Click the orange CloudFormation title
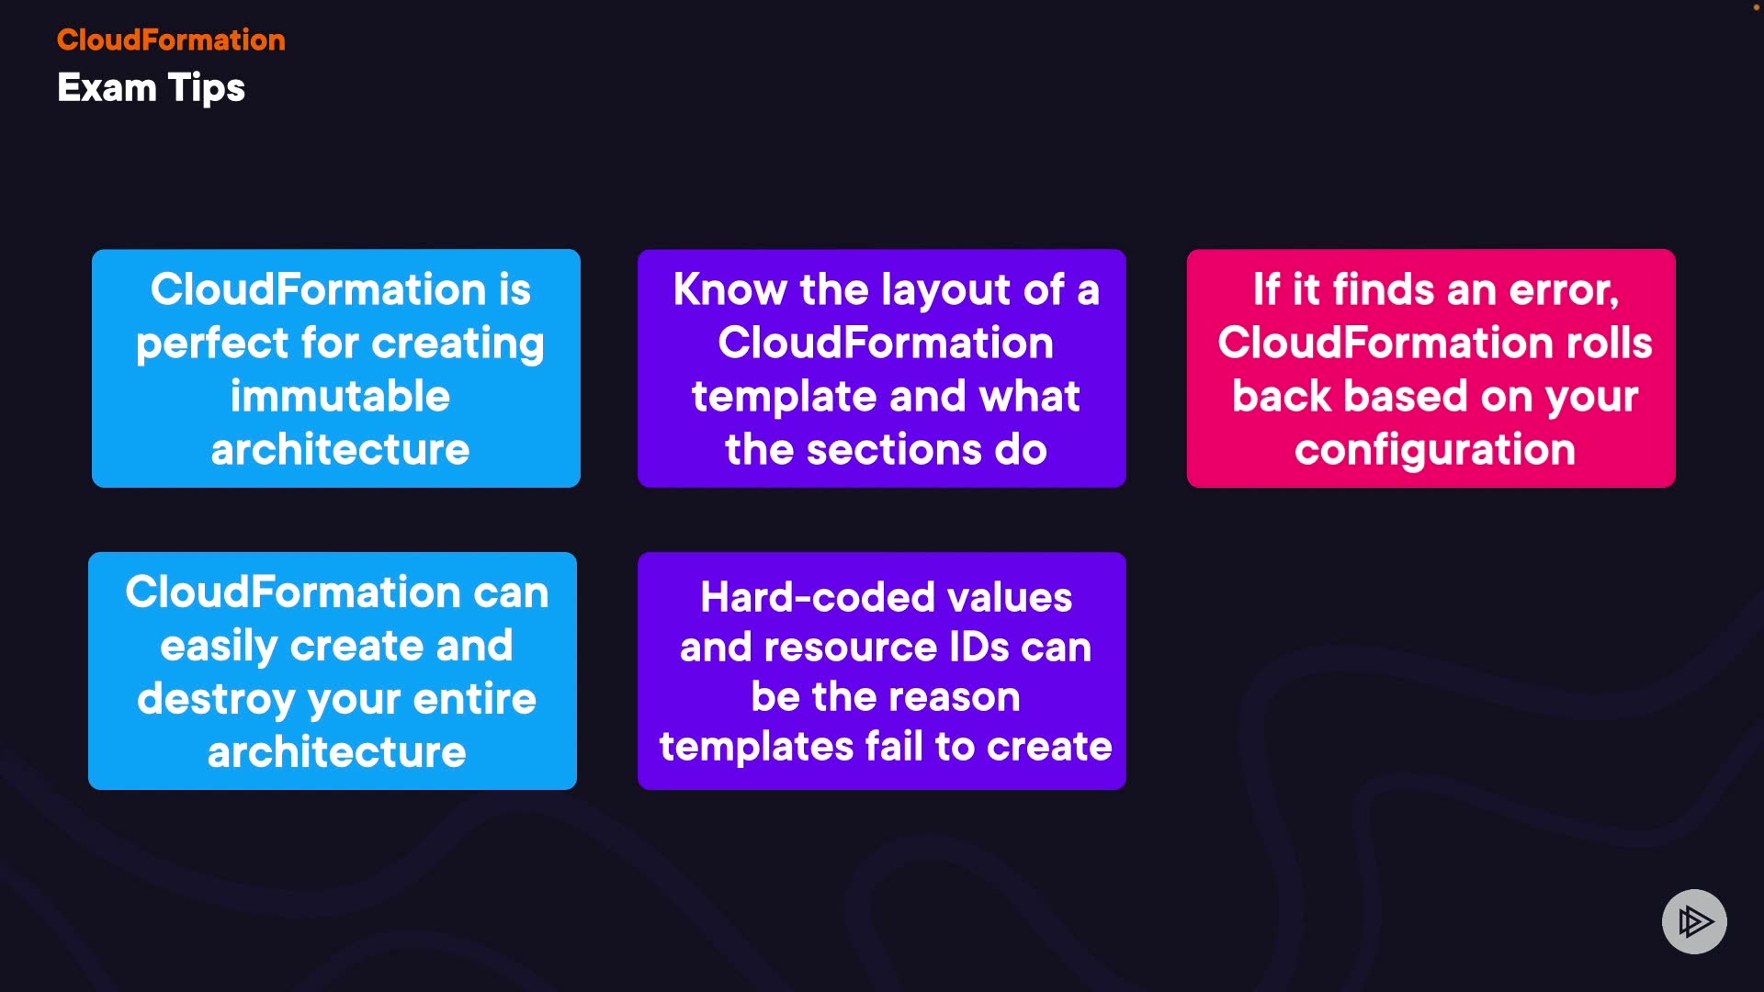point(171,39)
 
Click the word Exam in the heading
point(107,88)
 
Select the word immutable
point(340,397)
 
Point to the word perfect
point(212,344)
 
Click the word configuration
point(1434,450)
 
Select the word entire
point(474,700)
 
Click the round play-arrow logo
point(1694,921)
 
